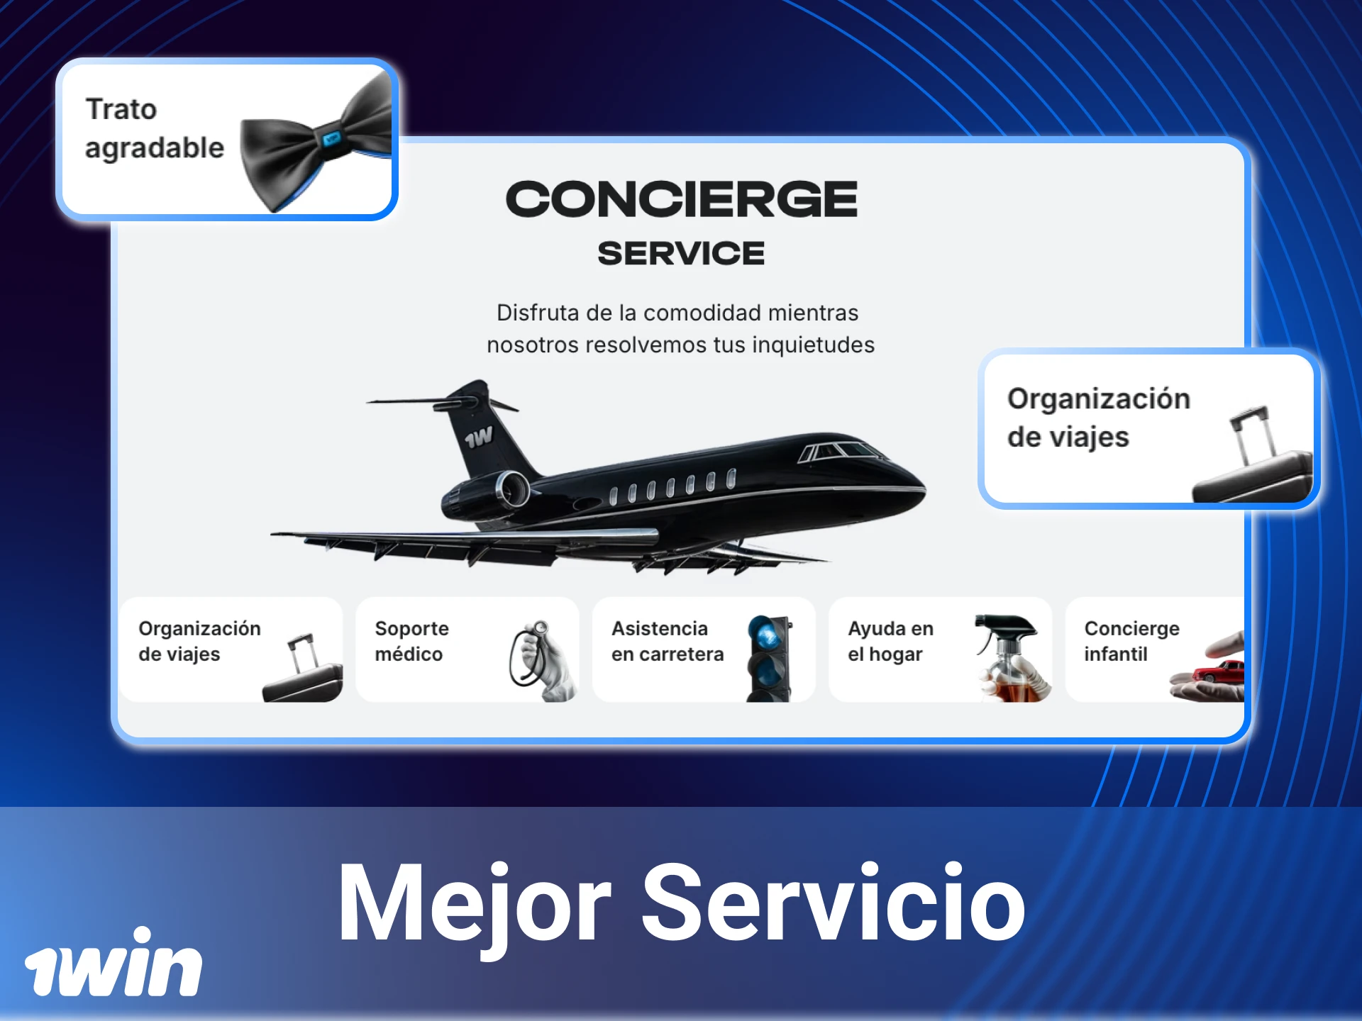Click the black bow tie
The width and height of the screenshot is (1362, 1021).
click(x=316, y=145)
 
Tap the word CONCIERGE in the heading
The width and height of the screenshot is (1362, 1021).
click(x=681, y=199)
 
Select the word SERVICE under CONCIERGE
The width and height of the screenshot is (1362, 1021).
click(x=681, y=253)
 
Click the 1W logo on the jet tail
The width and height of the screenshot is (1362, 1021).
click(x=479, y=437)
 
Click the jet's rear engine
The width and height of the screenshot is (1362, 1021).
click(x=489, y=493)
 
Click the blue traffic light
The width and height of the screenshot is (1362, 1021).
click(x=769, y=656)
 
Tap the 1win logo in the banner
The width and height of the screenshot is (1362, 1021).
click(x=113, y=964)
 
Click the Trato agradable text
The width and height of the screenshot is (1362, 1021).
click(x=155, y=128)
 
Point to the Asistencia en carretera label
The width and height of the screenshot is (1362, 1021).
click(x=667, y=641)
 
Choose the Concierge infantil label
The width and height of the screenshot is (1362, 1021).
click(x=1131, y=641)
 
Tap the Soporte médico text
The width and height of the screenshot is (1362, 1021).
click(x=411, y=641)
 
